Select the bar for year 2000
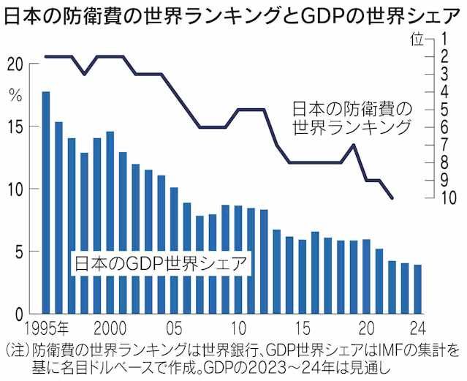(110, 223)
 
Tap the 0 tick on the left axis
(20, 314)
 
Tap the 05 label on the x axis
(174, 327)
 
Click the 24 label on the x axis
(417, 327)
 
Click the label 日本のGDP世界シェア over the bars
(160, 264)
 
